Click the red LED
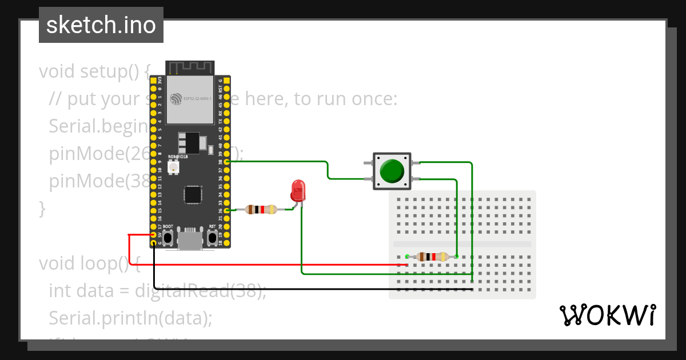[298, 190]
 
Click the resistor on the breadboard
[432, 257]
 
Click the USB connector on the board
[190, 238]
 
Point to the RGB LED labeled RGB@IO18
[174, 167]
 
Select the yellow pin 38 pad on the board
[228, 162]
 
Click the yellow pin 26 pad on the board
[228, 210]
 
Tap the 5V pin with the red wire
[153, 235]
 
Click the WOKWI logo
[607, 315]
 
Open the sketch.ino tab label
[101, 26]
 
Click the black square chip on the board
[192, 194]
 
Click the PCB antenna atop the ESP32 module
[190, 67]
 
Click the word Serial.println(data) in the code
[130, 318]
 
